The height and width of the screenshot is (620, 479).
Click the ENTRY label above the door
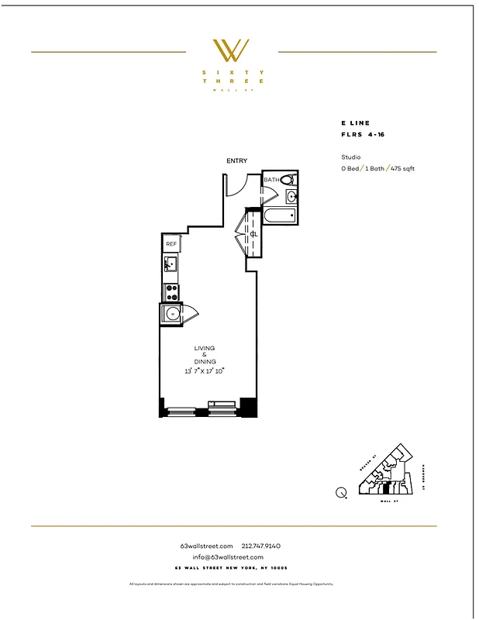[x=236, y=161]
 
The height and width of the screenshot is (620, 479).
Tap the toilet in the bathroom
[x=287, y=180]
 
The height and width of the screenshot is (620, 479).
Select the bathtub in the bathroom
[x=279, y=216]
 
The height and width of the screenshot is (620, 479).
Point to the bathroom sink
[x=292, y=197]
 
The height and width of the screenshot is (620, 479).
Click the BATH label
[x=271, y=181]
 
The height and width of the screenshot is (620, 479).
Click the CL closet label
[x=253, y=233]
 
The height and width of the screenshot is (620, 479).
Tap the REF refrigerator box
[x=171, y=244]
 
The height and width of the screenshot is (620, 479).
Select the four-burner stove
[x=171, y=292]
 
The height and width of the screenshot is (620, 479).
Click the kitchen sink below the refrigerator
[x=171, y=266]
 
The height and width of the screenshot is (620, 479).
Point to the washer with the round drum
[x=172, y=314]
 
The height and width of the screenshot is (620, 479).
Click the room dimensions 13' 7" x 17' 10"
[x=205, y=371]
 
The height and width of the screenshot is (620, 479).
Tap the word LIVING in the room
[x=205, y=349]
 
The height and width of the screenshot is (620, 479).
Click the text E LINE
[x=355, y=123]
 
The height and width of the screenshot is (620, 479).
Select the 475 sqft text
[x=402, y=168]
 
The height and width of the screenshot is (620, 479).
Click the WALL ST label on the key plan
[x=385, y=501]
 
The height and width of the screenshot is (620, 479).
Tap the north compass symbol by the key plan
[x=341, y=491]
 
